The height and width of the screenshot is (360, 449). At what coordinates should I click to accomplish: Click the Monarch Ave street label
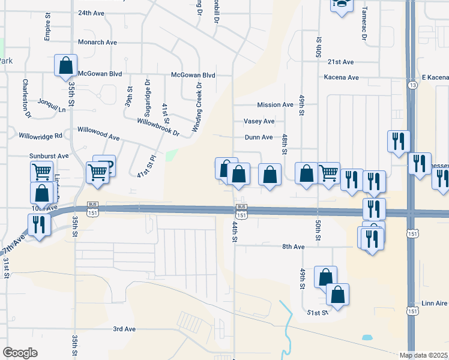click(97, 43)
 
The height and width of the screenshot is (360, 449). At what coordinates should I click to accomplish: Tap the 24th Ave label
click(92, 13)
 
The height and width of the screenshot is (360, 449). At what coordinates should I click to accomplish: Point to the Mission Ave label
click(275, 105)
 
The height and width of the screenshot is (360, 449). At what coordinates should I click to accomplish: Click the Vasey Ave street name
click(259, 121)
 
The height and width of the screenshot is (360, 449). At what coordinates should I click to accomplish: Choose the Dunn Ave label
click(259, 137)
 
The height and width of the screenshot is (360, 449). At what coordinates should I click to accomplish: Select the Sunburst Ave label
click(49, 155)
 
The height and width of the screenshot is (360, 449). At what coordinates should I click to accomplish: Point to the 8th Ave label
click(294, 247)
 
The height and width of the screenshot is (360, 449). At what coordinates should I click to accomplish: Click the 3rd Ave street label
click(125, 329)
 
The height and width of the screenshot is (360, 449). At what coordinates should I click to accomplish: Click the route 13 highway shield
click(412, 85)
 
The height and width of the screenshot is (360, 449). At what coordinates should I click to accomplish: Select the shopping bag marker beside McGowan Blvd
click(66, 65)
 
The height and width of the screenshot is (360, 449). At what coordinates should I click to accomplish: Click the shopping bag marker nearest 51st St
click(337, 294)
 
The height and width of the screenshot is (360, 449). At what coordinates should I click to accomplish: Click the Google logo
click(20, 353)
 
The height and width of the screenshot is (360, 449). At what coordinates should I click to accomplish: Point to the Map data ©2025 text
click(424, 355)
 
